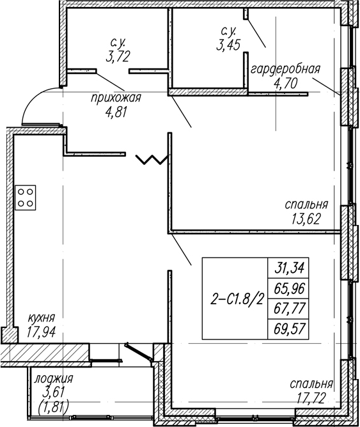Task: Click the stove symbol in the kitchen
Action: click(x=26, y=198)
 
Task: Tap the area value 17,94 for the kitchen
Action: click(x=41, y=331)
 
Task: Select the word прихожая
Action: click(x=116, y=98)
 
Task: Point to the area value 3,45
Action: click(x=228, y=45)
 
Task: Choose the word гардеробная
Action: click(x=285, y=69)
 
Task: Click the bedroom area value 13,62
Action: click(x=306, y=219)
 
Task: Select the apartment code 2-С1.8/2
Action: click(x=237, y=300)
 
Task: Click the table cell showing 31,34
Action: click(x=288, y=268)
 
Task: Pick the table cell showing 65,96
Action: click(x=288, y=289)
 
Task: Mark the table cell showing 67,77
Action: click(x=288, y=309)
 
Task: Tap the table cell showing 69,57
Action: click(x=288, y=329)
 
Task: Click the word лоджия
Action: click(x=53, y=379)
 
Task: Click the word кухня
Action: click(x=42, y=318)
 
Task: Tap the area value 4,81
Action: click(x=116, y=112)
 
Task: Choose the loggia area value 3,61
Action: click(x=54, y=393)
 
